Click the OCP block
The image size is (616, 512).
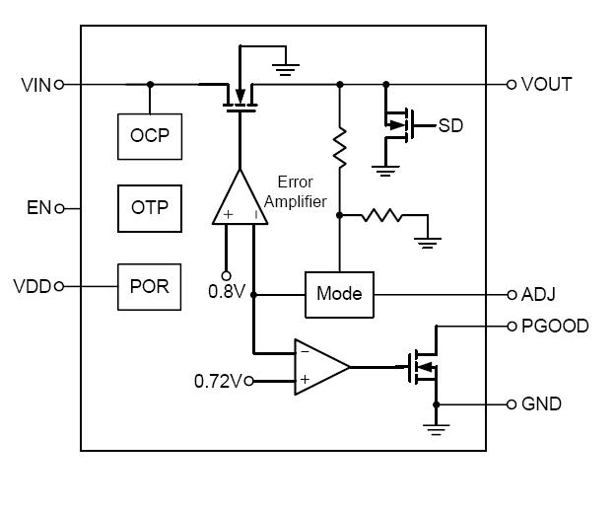150,135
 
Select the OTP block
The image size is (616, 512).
150,208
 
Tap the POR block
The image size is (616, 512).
150,287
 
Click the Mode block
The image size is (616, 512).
339,294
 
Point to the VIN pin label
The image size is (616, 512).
35,85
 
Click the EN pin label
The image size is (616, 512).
38,208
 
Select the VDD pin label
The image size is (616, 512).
33,287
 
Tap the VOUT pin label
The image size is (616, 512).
546,85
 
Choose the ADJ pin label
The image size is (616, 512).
538,294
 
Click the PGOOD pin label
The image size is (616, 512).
554,326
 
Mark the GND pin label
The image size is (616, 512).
541,404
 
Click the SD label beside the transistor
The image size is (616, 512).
450,125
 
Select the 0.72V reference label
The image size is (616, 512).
218,380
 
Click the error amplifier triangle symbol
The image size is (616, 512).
240,199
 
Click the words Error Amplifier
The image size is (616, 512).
302,191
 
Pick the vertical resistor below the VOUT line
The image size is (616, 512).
339,148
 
